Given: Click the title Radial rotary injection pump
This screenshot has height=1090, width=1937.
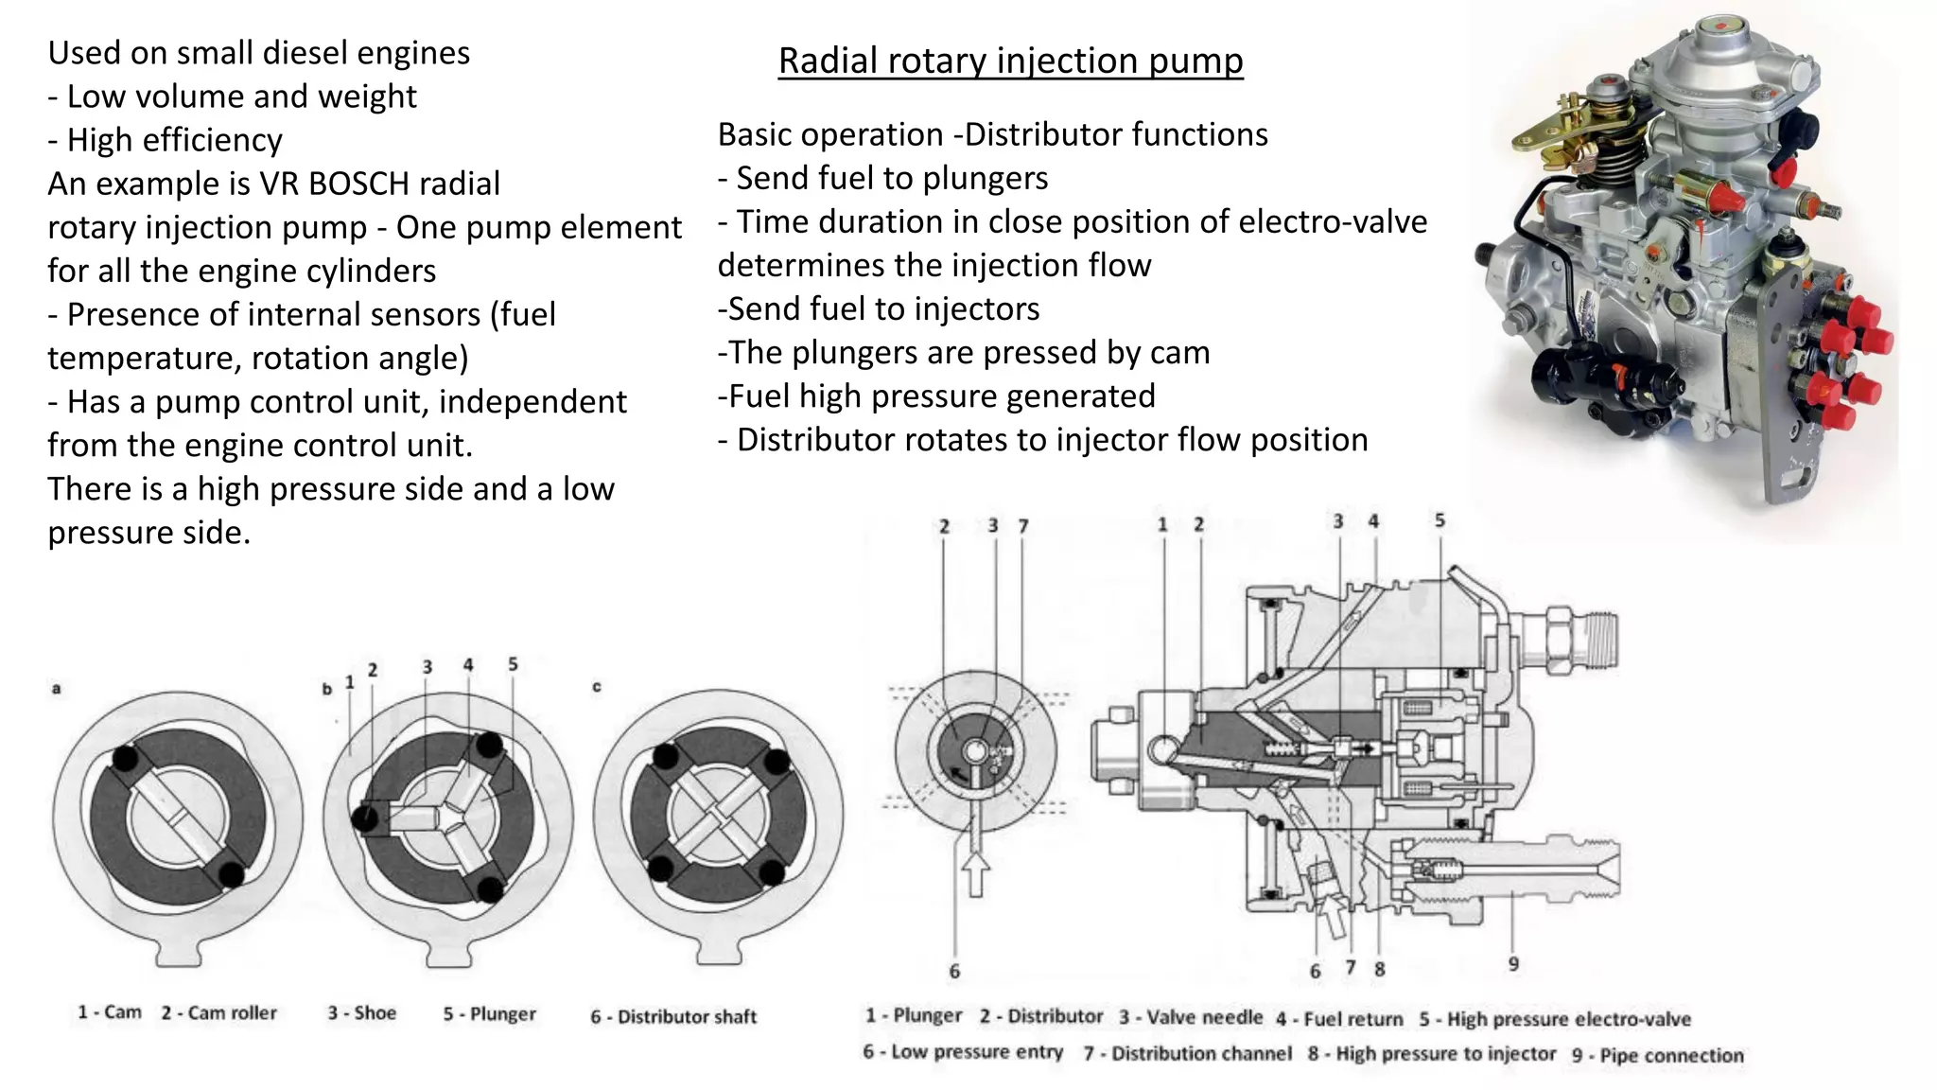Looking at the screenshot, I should [1010, 61].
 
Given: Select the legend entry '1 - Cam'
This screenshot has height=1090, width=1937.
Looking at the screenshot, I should [109, 1012].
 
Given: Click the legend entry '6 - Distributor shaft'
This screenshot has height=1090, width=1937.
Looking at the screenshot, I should [673, 1016].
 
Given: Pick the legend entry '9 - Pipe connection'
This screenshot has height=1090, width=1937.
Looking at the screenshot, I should [1657, 1055].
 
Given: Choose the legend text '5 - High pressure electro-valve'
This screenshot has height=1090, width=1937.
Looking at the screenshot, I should [1554, 1019].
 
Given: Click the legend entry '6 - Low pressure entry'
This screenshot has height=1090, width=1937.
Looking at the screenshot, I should [962, 1052].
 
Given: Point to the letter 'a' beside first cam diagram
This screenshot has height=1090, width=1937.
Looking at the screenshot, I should [57, 689].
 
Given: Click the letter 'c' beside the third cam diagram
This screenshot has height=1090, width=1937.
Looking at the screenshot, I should [597, 687].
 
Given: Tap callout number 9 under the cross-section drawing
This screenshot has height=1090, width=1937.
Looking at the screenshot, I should [1513, 964].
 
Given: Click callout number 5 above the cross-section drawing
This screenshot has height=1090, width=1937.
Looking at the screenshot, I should [1440, 520].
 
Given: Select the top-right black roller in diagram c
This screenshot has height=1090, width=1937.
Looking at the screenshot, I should [777, 762].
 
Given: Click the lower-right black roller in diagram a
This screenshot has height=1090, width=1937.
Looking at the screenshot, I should [231, 874].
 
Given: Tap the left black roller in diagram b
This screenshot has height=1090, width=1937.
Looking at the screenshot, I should [364, 818].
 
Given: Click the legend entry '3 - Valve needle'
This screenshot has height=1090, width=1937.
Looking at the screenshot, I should [1191, 1017].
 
